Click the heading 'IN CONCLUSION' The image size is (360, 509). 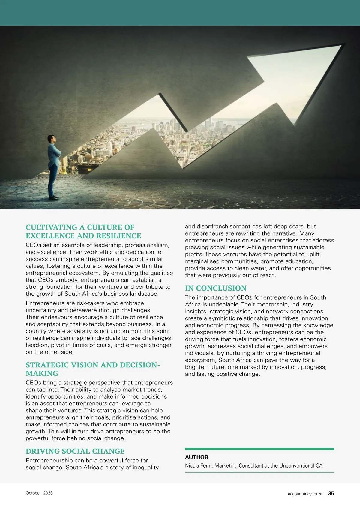[x=216, y=288]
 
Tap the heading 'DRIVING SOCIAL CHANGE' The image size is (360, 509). [x=75, y=451]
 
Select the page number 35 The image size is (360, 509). [x=331, y=493]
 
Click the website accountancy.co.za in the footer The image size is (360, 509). [x=305, y=494]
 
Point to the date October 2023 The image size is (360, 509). [x=39, y=493]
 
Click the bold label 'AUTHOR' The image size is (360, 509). [x=196, y=457]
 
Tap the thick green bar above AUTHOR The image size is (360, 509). [x=259, y=449]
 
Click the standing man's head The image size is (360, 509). [x=52, y=139]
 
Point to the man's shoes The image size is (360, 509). [x=54, y=197]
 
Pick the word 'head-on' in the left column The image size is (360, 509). [x=37, y=345]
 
